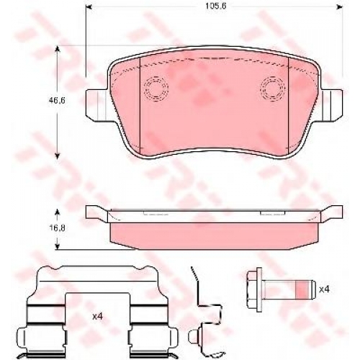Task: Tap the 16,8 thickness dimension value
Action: [57, 228]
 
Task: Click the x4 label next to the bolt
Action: [324, 289]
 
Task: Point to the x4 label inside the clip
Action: [98, 317]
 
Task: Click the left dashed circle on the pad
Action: [156, 89]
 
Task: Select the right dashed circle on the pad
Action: [272, 88]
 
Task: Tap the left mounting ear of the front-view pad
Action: [96, 105]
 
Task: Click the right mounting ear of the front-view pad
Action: [332, 105]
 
